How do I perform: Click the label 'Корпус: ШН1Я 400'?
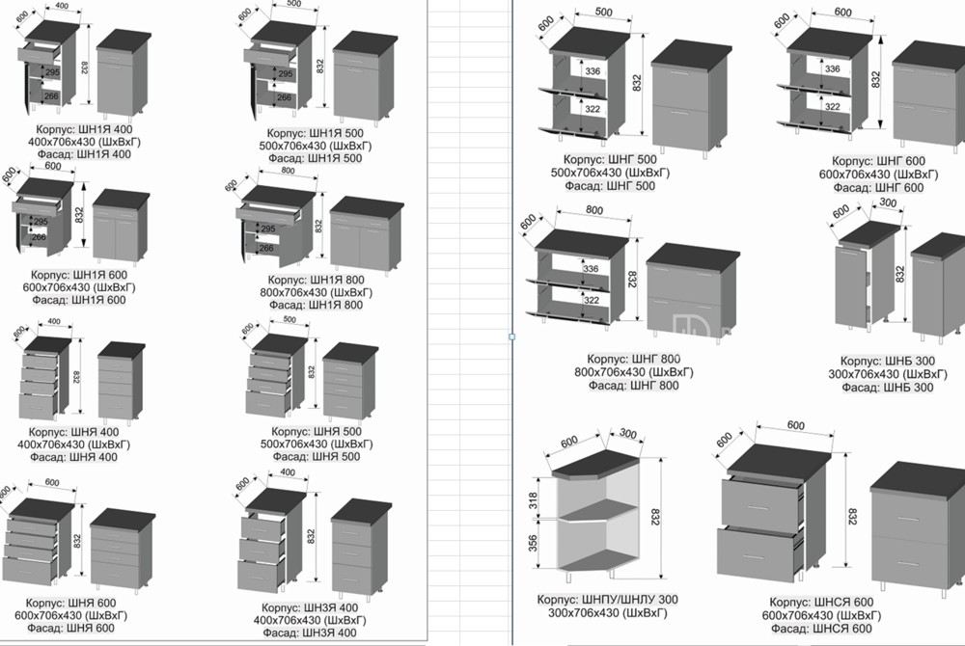click(x=84, y=129)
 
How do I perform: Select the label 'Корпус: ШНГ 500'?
click(x=610, y=159)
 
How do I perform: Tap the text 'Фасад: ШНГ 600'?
click(x=878, y=187)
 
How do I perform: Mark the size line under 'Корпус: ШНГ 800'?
click(x=633, y=372)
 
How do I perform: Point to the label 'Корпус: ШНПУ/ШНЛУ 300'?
click(x=607, y=600)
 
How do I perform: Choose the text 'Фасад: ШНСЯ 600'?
click(x=817, y=629)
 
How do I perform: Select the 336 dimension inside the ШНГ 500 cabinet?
click(x=593, y=71)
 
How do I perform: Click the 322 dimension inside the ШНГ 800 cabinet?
click(x=592, y=300)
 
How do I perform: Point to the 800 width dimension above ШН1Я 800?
click(x=287, y=171)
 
